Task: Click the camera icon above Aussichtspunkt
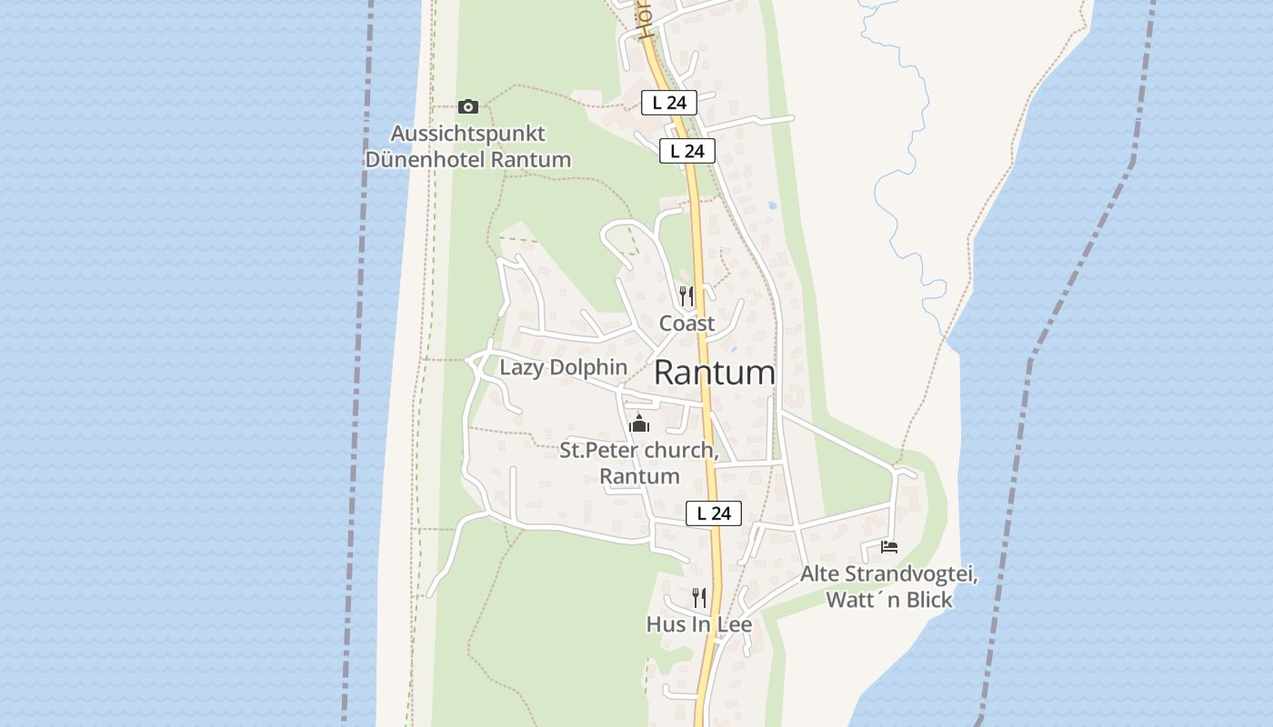point(468,106)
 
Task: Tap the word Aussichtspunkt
point(468,134)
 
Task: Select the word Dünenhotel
point(426,160)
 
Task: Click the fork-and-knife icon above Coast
point(687,296)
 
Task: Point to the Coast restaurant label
point(687,324)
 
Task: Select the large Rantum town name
point(715,373)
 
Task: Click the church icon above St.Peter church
point(639,424)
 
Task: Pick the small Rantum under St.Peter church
point(639,476)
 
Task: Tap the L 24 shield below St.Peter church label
point(714,513)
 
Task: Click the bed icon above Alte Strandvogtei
point(889,547)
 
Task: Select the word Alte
point(820,574)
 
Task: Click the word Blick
point(927,600)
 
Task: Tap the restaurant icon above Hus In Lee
point(698,598)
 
